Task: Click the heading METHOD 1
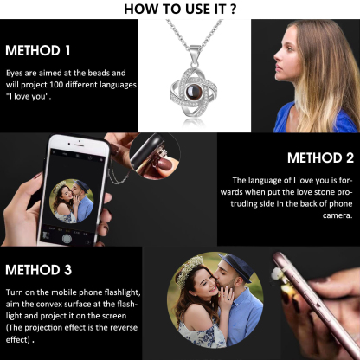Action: pos(38,49)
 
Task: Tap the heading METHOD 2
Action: pos(319,158)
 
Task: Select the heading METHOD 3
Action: pos(38,271)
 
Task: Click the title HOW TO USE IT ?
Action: pos(179,10)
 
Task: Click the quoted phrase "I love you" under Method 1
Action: pos(27,98)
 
